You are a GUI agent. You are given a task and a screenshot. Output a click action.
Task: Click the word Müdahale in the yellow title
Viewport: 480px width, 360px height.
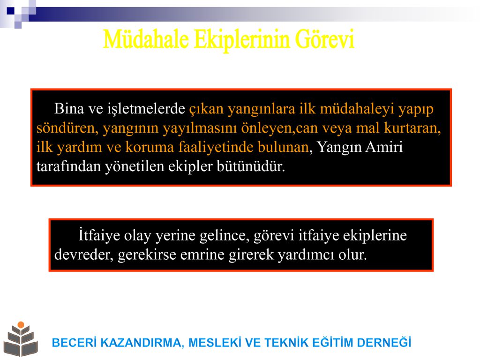[x=146, y=39]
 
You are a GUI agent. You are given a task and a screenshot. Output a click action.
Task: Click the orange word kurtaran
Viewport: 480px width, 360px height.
[x=412, y=128]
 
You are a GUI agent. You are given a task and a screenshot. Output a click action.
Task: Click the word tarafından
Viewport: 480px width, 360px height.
[x=68, y=166]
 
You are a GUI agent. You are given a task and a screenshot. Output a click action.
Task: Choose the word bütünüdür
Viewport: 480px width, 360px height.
[x=251, y=166]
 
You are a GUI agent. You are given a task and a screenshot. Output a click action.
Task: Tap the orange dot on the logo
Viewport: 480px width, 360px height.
[x=21, y=325]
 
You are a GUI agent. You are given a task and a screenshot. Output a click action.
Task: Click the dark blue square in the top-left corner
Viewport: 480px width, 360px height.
[x=10, y=11]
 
